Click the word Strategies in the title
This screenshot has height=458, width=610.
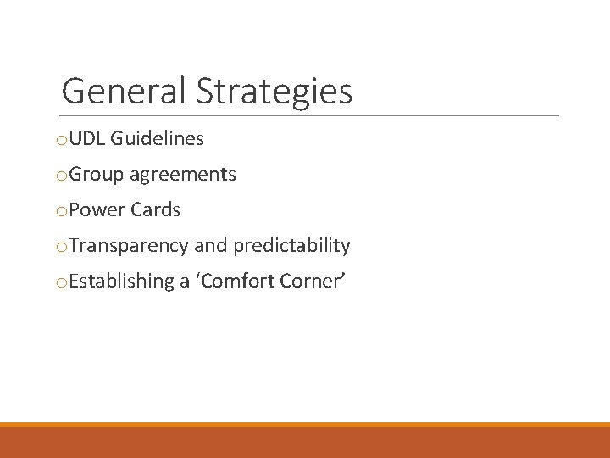tap(274, 92)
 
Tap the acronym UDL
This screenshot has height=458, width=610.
tap(86, 139)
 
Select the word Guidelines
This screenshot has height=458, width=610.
tap(157, 139)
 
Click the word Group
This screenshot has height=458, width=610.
tap(97, 175)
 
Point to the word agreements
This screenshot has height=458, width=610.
tap(182, 176)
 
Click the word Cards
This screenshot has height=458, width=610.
tap(155, 210)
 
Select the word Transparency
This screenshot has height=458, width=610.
tap(129, 246)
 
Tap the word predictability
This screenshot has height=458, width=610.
tap(291, 246)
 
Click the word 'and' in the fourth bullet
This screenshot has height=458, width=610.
tap(211, 246)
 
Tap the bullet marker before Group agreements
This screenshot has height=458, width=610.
tap(61, 176)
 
